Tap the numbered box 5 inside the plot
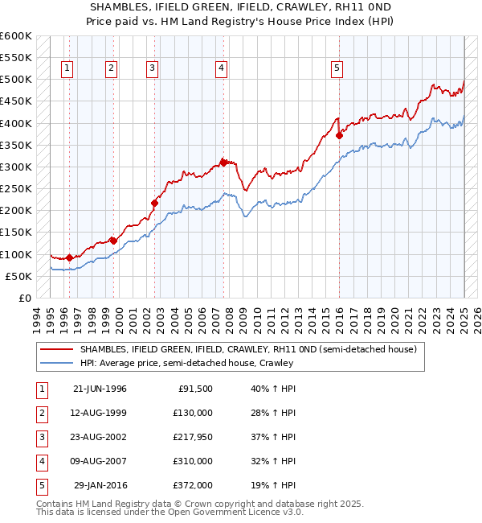pyautogui.click(x=337, y=68)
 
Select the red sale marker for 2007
pyautogui.click(x=223, y=162)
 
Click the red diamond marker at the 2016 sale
pyautogui.click(x=339, y=135)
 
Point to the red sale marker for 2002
pyautogui.click(x=154, y=203)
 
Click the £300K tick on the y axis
pyautogui.click(x=18, y=167)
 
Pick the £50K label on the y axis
pyautogui.click(x=20, y=276)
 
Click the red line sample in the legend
pyautogui.click(x=57, y=350)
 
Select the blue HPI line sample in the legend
pyautogui.click(x=57, y=363)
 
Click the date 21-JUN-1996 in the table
pyautogui.click(x=100, y=389)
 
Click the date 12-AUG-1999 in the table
pyautogui.click(x=100, y=413)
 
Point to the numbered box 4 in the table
pyautogui.click(x=40, y=461)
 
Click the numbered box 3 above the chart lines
pyautogui.click(x=152, y=68)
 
